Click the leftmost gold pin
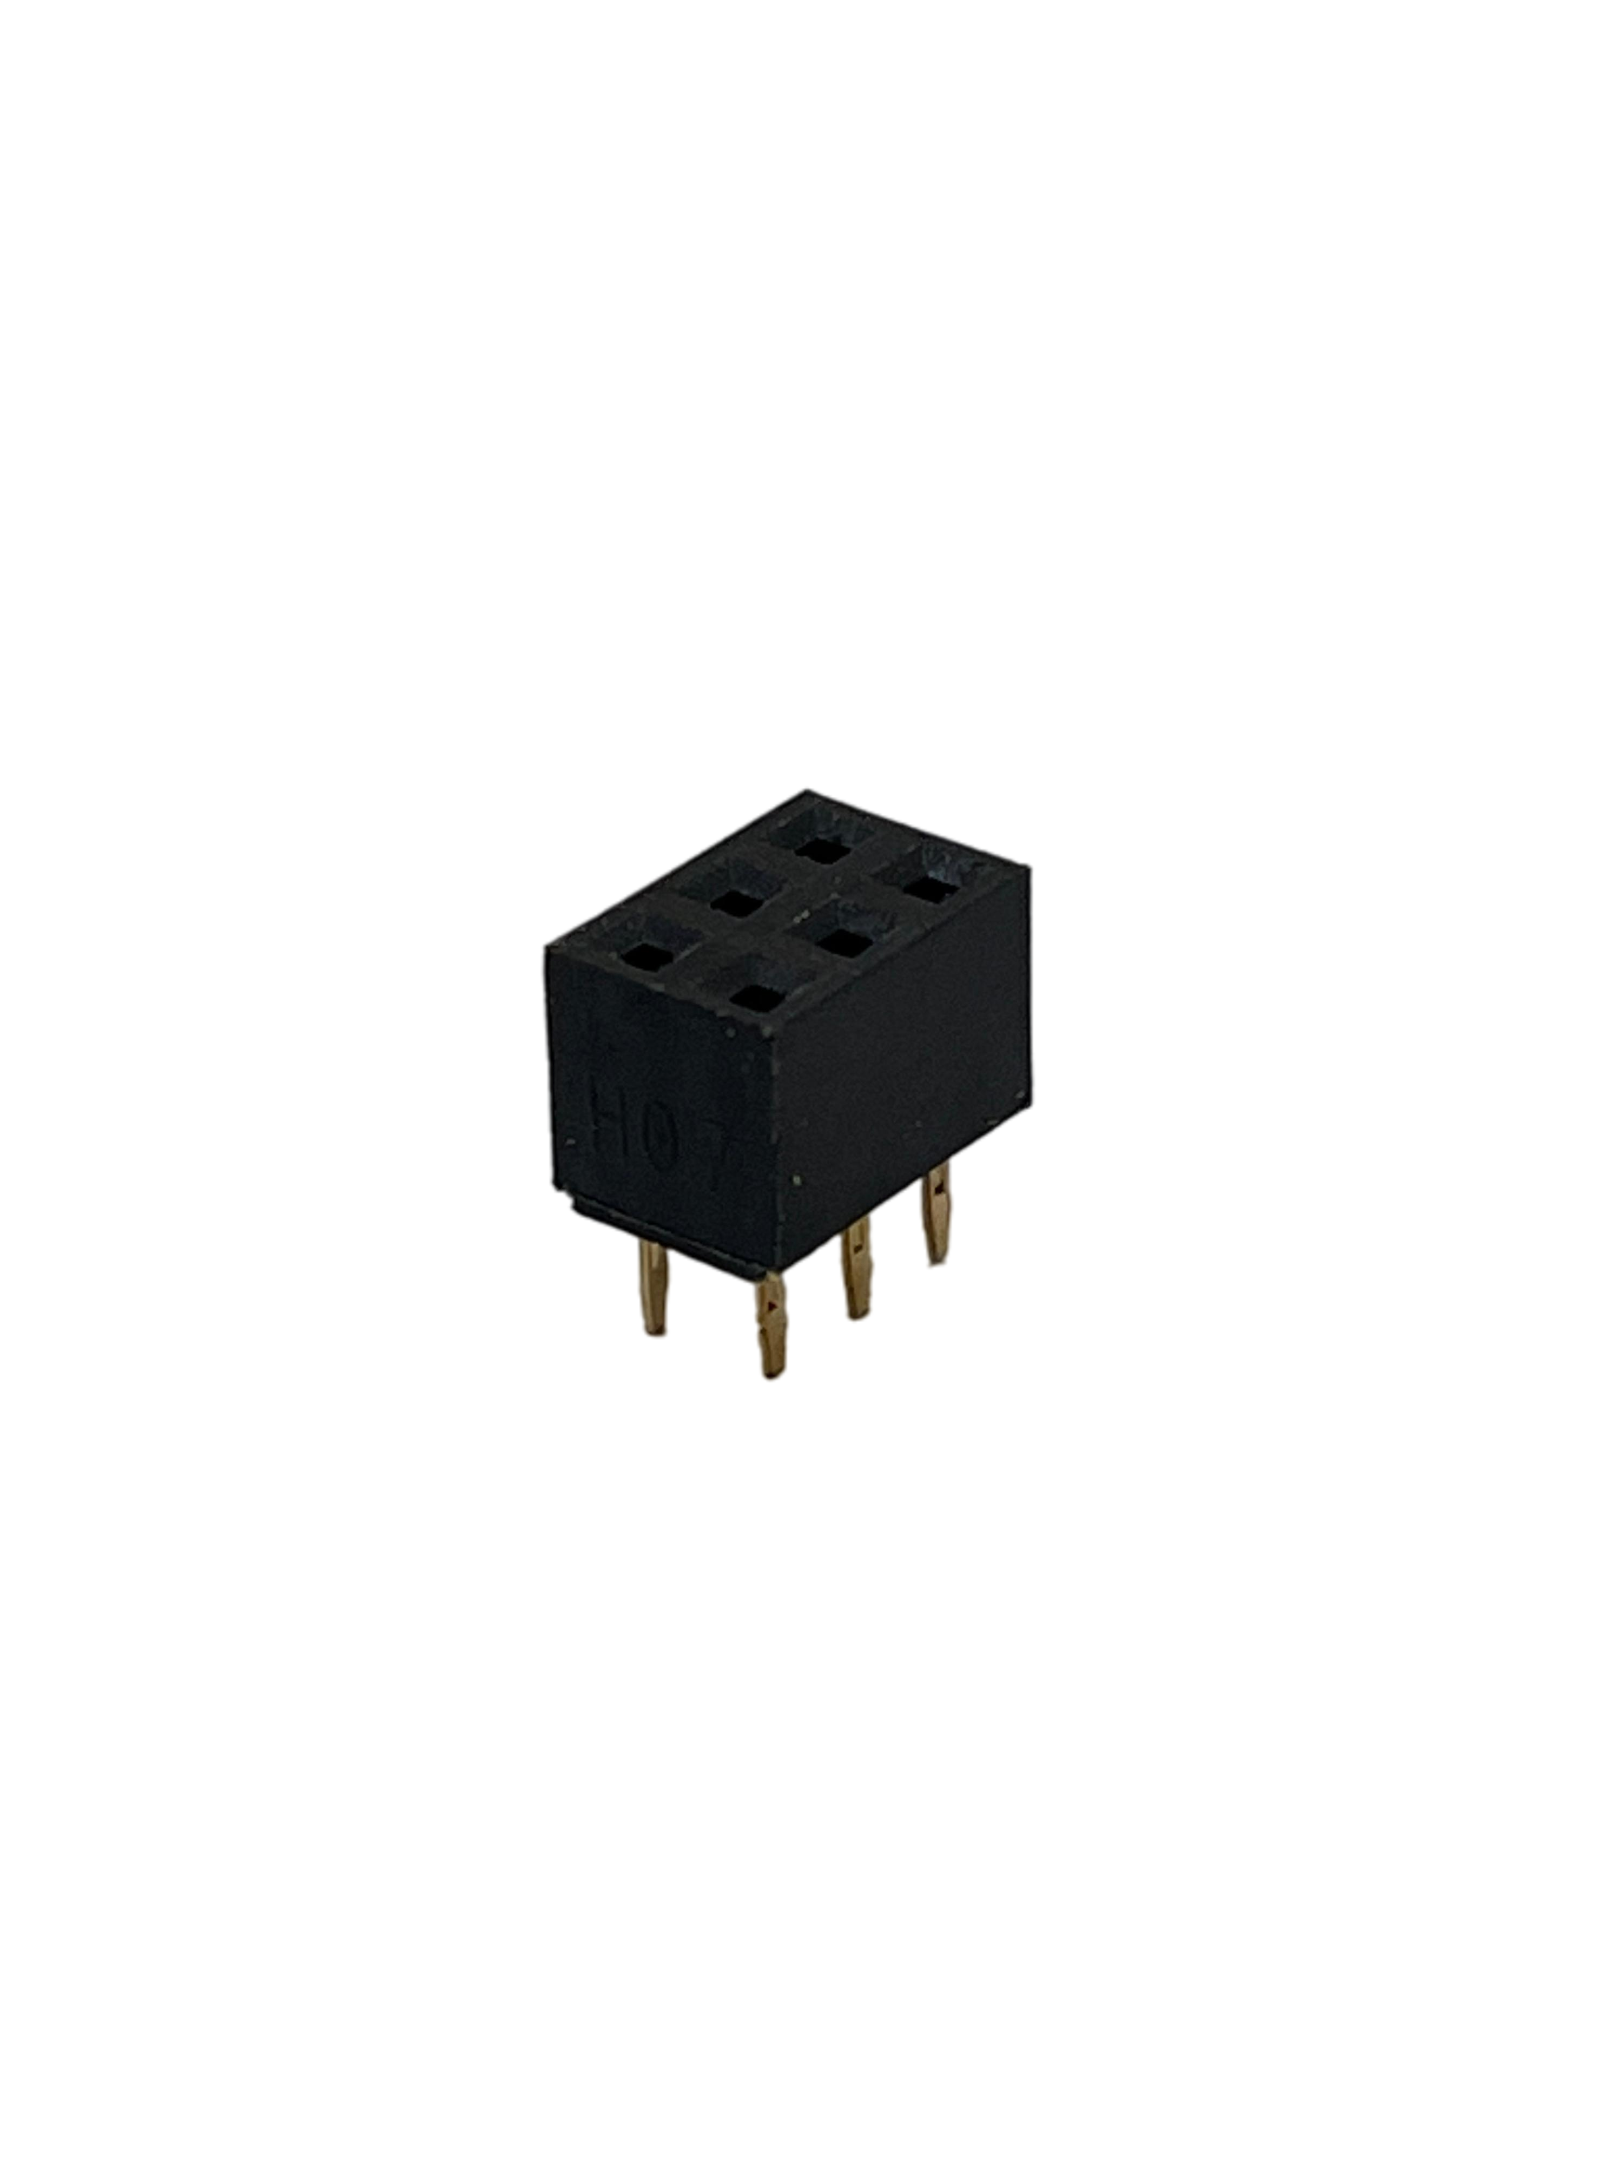tap(654, 1289)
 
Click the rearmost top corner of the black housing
tap(807, 789)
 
